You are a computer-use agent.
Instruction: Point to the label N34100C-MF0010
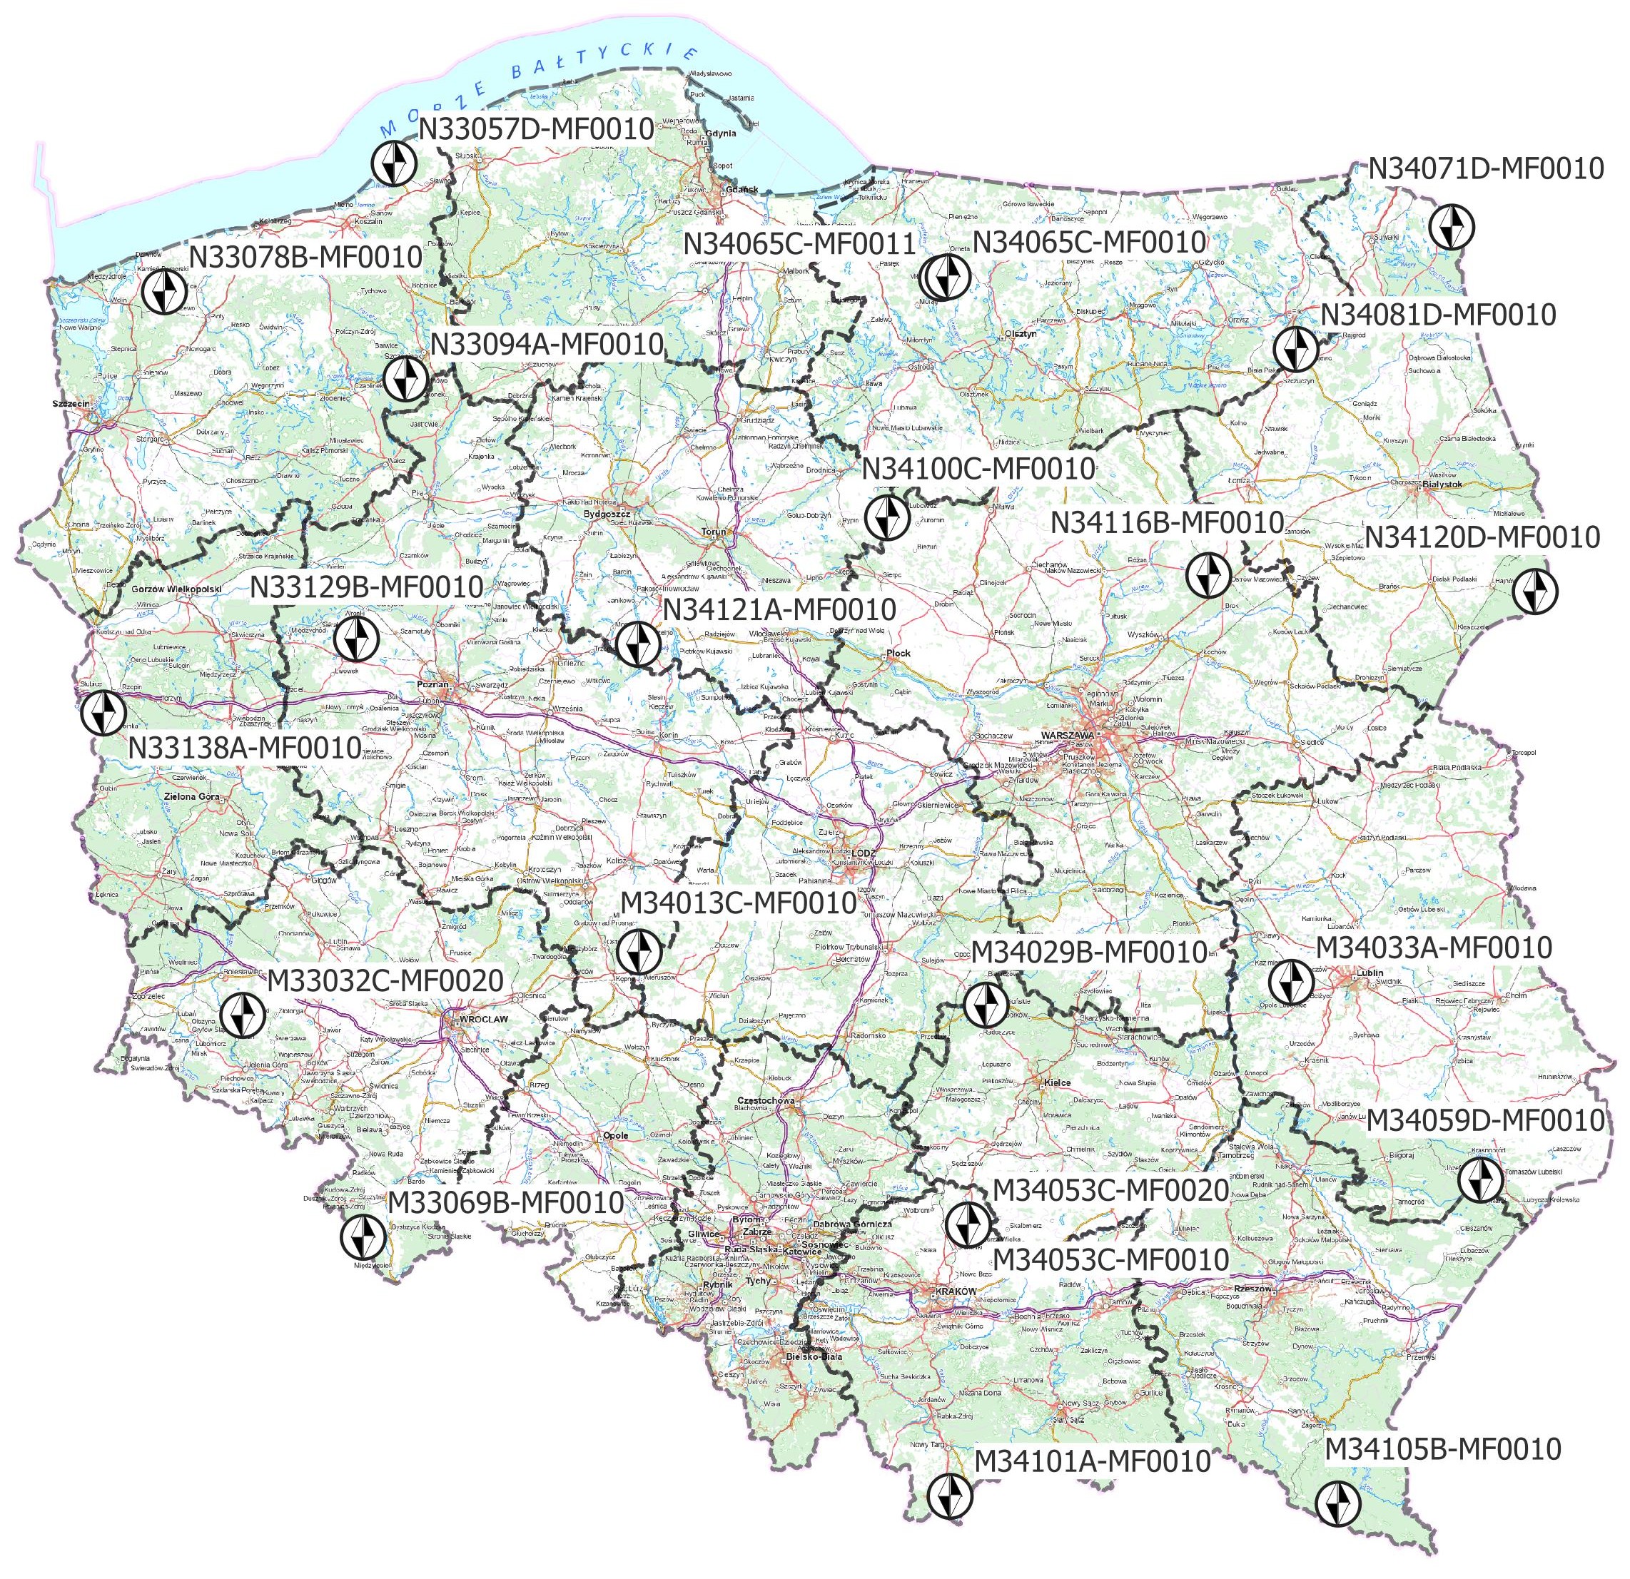(978, 468)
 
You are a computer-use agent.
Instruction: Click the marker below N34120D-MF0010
(1535, 592)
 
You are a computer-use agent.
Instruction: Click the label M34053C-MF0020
(1110, 1190)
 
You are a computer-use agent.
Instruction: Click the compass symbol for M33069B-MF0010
(363, 1235)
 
